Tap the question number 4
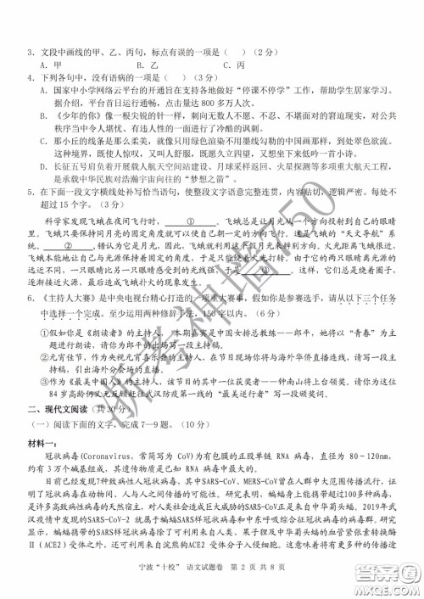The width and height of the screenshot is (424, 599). pyautogui.click(x=30, y=77)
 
